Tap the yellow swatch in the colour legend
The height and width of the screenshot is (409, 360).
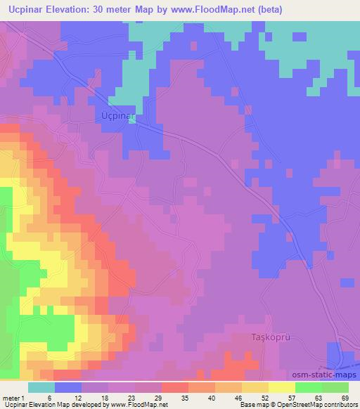[x=281, y=387]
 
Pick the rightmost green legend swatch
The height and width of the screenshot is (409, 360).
[x=335, y=387]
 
